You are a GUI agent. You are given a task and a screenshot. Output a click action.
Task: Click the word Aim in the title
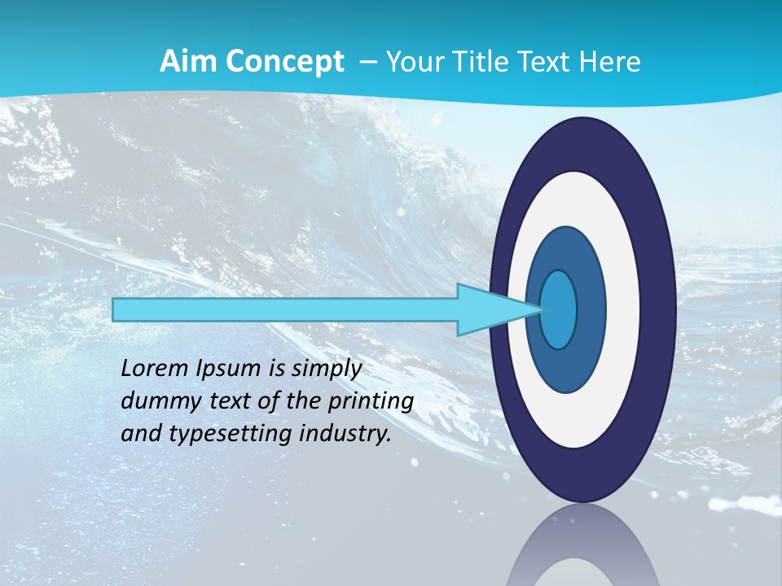181,62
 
